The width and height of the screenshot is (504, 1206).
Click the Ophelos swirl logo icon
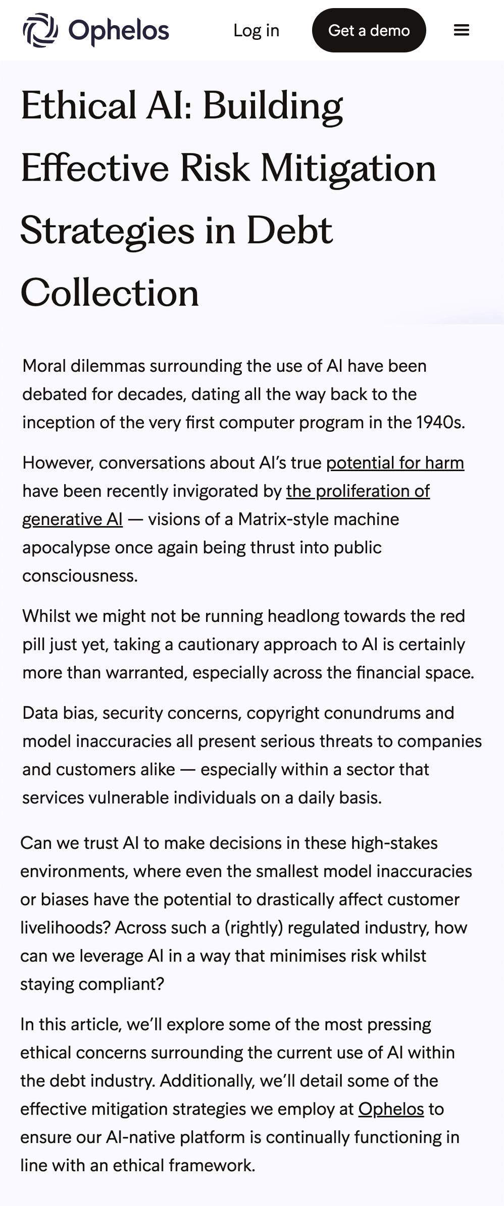pos(40,30)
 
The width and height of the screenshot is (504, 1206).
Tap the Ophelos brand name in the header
pos(119,30)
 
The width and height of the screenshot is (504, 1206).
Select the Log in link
pos(256,30)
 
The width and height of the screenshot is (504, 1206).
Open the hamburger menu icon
pos(461,30)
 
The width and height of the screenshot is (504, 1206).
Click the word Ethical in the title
pos(79,106)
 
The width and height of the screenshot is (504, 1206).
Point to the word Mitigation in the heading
pos(348,168)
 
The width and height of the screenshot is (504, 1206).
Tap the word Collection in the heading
pos(110,293)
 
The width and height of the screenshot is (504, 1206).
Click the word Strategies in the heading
pos(107,231)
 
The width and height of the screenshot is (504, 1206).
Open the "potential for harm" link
pos(395,463)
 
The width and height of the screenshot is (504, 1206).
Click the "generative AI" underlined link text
pos(72,519)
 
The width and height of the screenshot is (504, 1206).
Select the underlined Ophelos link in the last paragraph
pos(391,1109)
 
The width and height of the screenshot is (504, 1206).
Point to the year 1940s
pos(439,422)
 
